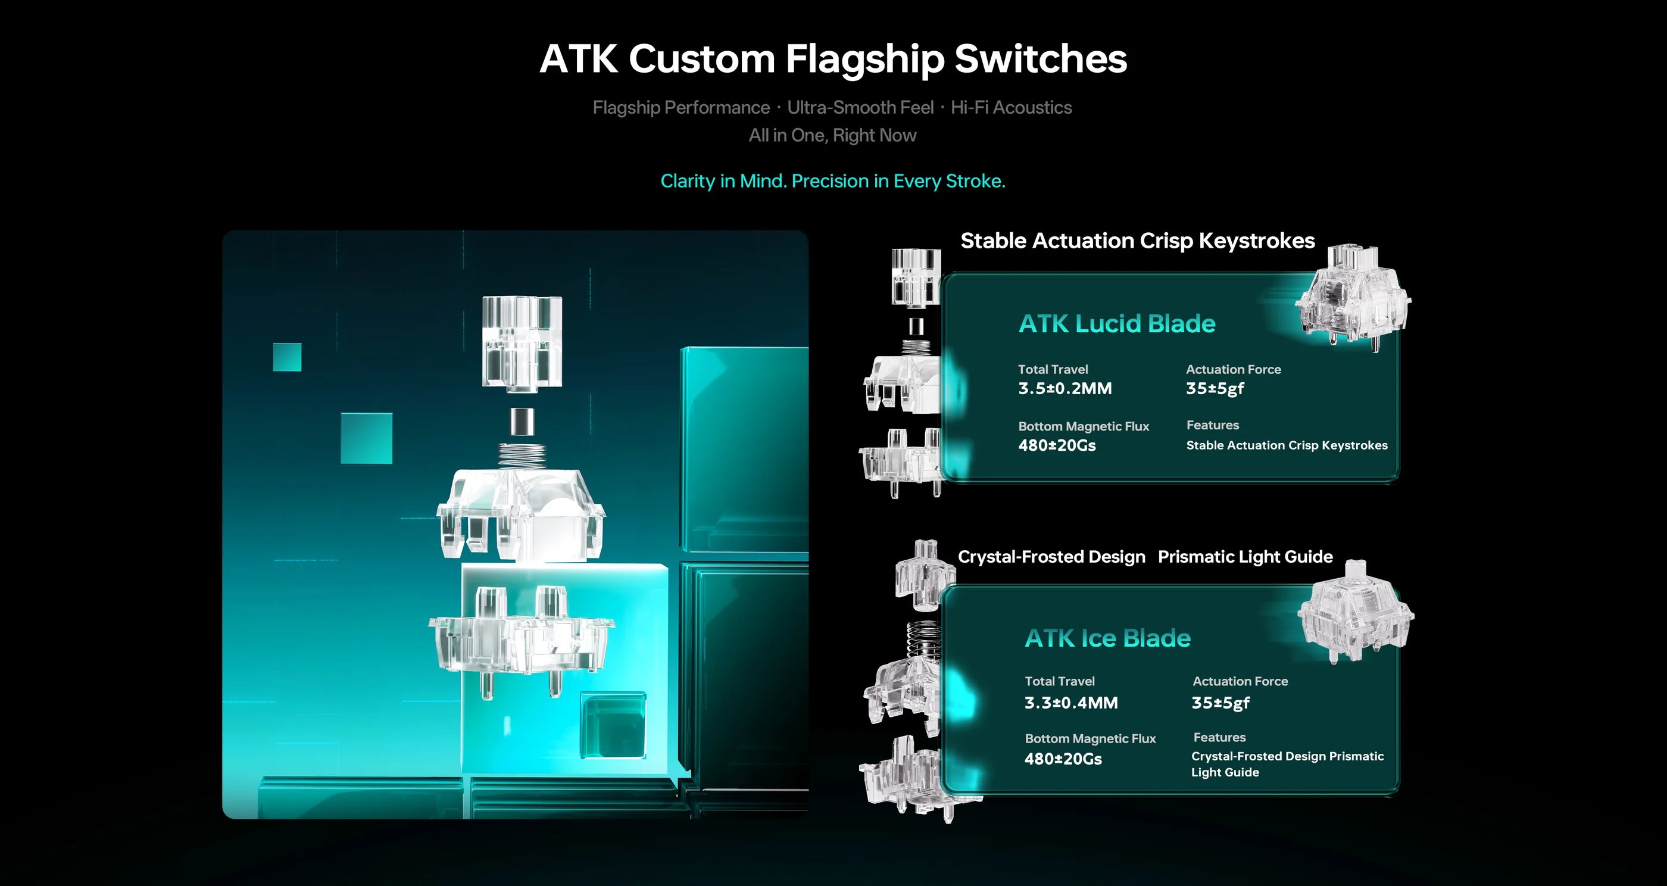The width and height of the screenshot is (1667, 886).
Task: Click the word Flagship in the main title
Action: coord(864,60)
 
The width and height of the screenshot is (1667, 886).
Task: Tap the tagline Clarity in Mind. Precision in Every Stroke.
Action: coord(832,181)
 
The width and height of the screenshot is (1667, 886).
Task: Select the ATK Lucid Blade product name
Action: coord(1116,323)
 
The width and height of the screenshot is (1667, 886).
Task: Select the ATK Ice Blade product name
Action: coord(1107,638)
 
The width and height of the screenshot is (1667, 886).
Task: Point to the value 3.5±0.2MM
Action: coord(1064,388)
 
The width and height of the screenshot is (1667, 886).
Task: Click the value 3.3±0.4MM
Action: coord(1070,703)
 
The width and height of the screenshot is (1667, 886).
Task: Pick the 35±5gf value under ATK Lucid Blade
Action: coord(1214,388)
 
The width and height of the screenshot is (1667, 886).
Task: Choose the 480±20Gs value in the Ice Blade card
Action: coord(1063,759)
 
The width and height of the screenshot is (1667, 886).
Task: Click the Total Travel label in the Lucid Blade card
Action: coord(1052,370)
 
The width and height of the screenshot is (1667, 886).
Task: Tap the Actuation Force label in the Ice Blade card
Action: coord(1240,682)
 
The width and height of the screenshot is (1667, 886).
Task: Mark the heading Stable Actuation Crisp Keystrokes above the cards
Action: coord(1137,241)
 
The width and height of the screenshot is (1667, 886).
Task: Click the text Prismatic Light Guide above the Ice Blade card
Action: coord(1244,557)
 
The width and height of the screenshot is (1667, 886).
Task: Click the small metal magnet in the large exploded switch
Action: coord(522,422)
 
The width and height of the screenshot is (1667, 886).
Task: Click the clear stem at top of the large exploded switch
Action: coord(522,343)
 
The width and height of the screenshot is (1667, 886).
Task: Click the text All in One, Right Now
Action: coord(832,135)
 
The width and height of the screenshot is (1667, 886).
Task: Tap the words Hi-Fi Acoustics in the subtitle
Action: coord(1011,107)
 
